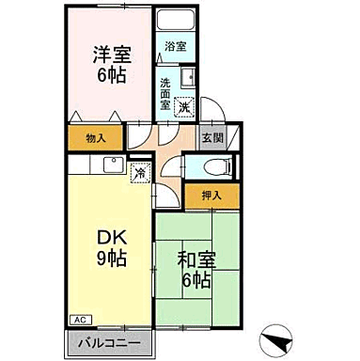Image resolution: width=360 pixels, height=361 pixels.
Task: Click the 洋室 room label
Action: click(x=108, y=55)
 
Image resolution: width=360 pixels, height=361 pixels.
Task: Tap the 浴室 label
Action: click(x=176, y=45)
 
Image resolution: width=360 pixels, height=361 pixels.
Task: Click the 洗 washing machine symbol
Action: click(x=187, y=107)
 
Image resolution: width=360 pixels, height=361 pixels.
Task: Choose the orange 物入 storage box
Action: click(x=95, y=138)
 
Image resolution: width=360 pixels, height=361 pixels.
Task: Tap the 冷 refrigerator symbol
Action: click(x=139, y=173)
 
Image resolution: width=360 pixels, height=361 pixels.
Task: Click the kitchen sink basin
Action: click(x=109, y=167)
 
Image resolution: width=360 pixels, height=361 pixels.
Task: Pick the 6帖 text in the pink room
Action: click(x=108, y=76)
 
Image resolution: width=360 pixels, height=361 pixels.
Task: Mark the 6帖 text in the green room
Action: click(x=195, y=279)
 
